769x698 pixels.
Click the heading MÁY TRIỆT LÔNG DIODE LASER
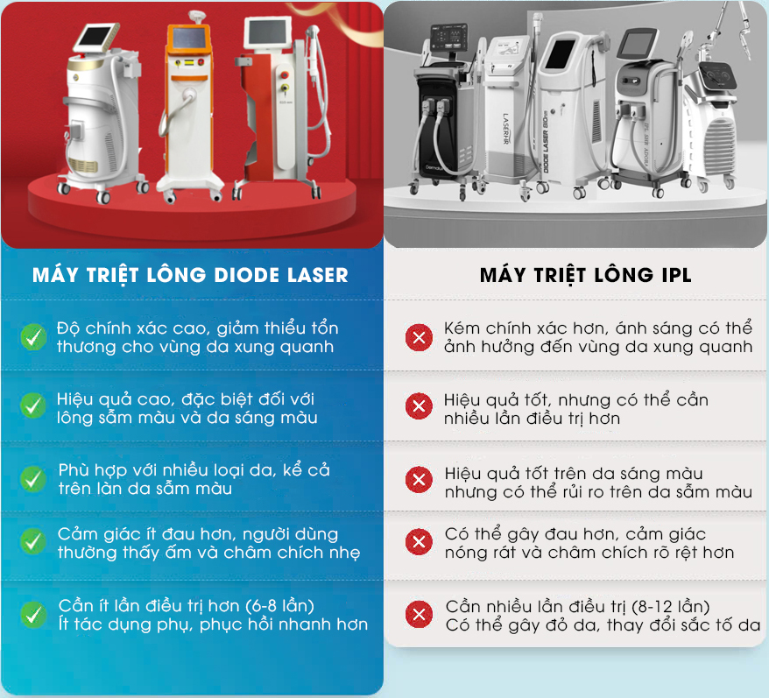190,275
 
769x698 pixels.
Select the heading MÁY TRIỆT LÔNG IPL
586,275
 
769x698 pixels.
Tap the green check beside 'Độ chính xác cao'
34,337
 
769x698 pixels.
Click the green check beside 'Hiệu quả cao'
33,405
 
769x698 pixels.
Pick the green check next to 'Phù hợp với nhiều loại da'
33,479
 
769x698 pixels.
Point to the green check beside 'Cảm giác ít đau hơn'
33,541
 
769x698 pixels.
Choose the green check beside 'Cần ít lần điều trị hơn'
33,614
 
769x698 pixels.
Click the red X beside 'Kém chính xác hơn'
419,337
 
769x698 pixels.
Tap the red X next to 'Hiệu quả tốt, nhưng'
419,406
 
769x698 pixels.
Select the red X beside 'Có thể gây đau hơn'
419,542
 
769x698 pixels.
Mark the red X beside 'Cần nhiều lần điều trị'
419,614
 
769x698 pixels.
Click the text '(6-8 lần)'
280,606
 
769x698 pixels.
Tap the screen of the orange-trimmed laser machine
189,40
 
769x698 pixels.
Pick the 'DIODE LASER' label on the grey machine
546,145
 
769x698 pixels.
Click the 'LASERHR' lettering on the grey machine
506,129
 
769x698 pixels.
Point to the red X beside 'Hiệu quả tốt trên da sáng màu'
419,479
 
